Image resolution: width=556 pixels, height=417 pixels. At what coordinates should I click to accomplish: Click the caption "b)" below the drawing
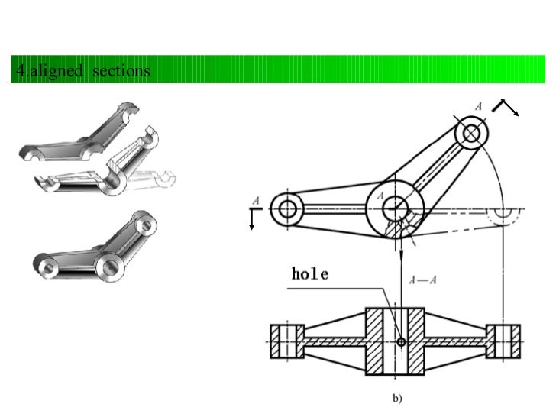pyautogui.click(x=397, y=398)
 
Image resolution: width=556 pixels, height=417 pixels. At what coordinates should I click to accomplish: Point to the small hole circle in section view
pyautogui.click(x=401, y=342)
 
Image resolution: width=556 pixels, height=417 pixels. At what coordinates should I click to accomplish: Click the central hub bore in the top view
pyautogui.click(x=395, y=205)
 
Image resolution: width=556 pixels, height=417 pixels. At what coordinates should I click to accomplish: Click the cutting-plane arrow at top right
pyautogui.click(x=506, y=107)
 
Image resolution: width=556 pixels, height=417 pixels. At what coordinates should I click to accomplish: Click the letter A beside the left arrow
pyautogui.click(x=256, y=200)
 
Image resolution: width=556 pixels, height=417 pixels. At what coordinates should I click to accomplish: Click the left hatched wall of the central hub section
pyautogui.click(x=377, y=341)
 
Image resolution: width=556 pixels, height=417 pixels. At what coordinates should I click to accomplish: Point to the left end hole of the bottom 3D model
pyautogui.click(x=48, y=268)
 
